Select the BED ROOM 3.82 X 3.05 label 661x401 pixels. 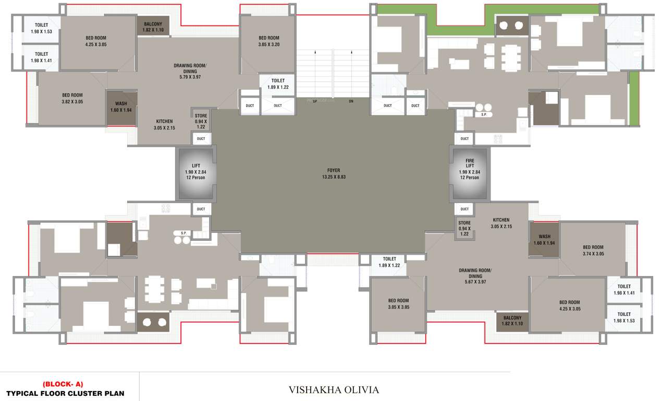[72, 98]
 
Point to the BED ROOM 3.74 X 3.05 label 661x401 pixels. [593, 250]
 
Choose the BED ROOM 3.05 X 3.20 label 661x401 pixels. [269, 41]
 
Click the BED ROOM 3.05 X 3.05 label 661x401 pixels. [398, 304]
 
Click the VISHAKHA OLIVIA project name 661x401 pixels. [334, 390]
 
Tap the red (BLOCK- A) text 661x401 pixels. [63, 384]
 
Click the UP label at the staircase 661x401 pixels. [315, 101]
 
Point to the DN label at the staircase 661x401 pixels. [351, 101]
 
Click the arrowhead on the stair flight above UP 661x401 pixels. [315, 52]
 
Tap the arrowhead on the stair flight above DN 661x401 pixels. [351, 52]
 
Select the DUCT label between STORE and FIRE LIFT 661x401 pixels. [464, 209]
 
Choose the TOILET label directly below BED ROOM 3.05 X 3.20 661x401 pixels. [278, 84]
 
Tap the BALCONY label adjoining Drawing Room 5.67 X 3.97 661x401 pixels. [512, 321]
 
